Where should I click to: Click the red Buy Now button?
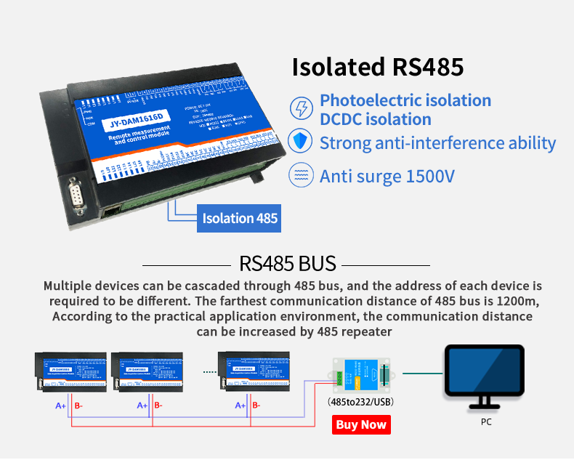point(361,424)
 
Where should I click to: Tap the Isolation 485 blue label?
point(239,218)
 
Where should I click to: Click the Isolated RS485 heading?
point(377,67)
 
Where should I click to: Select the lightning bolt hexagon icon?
point(300,109)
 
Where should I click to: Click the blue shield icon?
point(300,142)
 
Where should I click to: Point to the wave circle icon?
point(300,175)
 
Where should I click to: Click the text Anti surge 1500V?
point(387,176)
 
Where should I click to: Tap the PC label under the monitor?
point(486,421)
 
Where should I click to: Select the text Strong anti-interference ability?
point(437,142)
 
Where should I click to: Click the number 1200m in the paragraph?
point(519,301)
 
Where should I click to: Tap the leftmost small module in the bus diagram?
point(71,373)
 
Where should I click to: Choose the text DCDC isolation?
point(376,119)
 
